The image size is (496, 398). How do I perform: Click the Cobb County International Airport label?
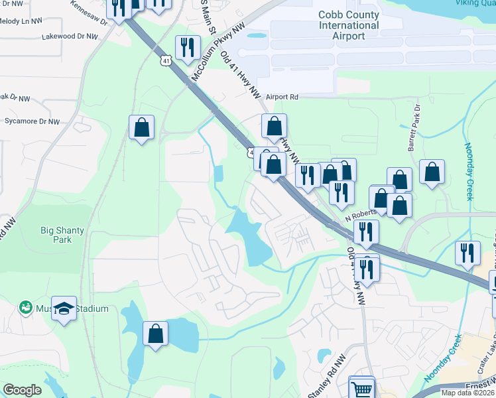(349, 25)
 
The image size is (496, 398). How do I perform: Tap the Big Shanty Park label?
(62, 235)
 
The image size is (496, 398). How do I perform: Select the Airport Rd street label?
(282, 97)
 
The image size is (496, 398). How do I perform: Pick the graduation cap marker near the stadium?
(64, 308)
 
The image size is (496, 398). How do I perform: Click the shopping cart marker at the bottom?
(361, 389)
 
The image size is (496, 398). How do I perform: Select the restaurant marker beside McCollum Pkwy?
(187, 47)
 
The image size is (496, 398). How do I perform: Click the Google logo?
(22, 390)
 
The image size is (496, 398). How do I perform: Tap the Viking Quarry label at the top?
(475, 3)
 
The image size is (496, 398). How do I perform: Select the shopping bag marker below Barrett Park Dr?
(432, 172)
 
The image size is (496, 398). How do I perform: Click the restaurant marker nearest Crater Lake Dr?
(467, 253)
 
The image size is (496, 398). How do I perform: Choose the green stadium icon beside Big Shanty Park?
(25, 307)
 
